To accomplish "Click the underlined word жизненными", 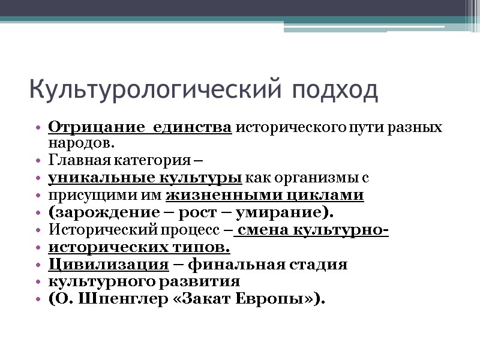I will pyautogui.click(x=211, y=196).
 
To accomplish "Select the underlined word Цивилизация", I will pyautogui.click(x=108, y=265).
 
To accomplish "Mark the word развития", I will pyautogui.click(x=207, y=281).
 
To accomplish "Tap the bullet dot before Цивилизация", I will pyautogui.click(x=39, y=265).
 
